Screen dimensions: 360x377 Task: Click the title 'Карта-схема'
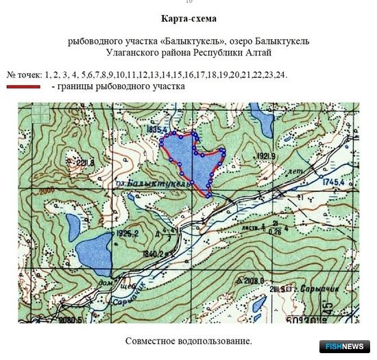coord(187,19)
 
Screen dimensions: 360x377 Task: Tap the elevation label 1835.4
coord(157,128)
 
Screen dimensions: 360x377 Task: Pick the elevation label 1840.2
coord(154,253)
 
